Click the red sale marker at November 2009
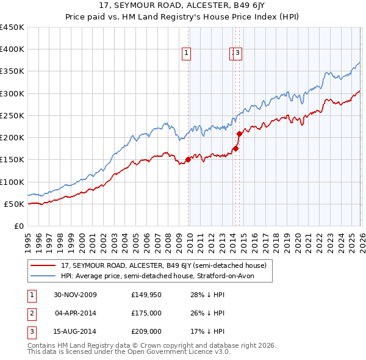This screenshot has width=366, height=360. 188,160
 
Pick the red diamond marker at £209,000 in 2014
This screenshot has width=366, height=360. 239,134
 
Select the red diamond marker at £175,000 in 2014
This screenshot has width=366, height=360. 235,148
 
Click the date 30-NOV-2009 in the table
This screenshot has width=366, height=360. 76,295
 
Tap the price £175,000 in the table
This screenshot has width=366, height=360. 146,313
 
